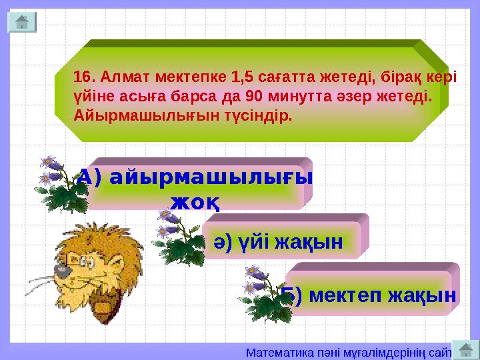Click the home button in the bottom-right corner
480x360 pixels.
pos(466,349)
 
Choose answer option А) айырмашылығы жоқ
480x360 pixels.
pos(195,187)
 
